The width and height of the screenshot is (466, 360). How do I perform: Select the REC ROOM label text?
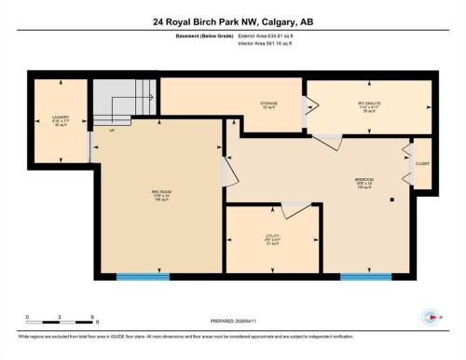tap(159, 195)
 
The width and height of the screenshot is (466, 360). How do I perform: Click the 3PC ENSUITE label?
tap(360, 105)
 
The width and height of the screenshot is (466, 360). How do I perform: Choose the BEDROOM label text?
tap(363, 182)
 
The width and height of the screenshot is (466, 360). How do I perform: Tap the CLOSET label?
tap(422, 162)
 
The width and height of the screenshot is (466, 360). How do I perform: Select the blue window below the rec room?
tap(143, 276)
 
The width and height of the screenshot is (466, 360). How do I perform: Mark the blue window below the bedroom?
tap(364, 276)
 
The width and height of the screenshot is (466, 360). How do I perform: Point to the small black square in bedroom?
tap(392, 200)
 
